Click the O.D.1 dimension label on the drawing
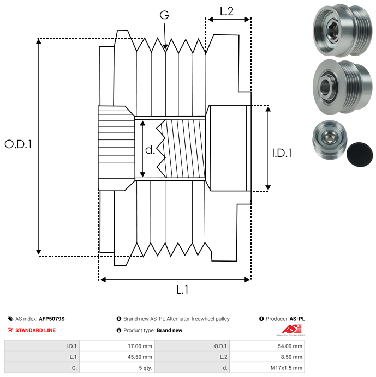pyautogui.click(x=19, y=144)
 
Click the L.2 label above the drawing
pyautogui.click(x=226, y=11)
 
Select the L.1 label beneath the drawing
pyautogui.click(x=182, y=290)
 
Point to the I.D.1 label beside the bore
pyautogui.click(x=282, y=153)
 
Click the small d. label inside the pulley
pyautogui.click(x=150, y=149)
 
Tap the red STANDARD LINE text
pyautogui.click(x=35, y=330)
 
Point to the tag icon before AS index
pyautogui.click(x=10, y=319)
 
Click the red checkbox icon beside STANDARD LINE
pyautogui.click(x=10, y=330)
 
